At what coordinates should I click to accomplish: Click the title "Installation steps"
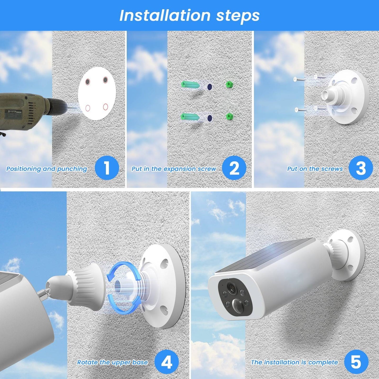pos(189,15)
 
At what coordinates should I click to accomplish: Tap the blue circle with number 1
pos(106,168)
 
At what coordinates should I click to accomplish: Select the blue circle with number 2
pos(234,168)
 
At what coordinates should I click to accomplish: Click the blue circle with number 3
pos(361,168)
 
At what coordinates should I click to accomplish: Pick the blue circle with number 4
pos(167,362)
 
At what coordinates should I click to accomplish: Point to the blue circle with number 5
pos(356,362)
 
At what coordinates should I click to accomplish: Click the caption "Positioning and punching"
pos(47,169)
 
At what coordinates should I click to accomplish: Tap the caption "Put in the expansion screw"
pos(174,169)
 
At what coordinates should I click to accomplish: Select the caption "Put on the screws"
pos(315,169)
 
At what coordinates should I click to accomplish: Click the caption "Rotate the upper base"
pos(112,362)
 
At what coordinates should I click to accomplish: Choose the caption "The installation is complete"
pos(294,362)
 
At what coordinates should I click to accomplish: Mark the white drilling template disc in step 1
pos(97,94)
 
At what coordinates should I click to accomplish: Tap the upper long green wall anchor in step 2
pos(190,84)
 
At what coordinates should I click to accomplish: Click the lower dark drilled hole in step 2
pos(210,118)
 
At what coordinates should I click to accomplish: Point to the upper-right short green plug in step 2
pos(229,84)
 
